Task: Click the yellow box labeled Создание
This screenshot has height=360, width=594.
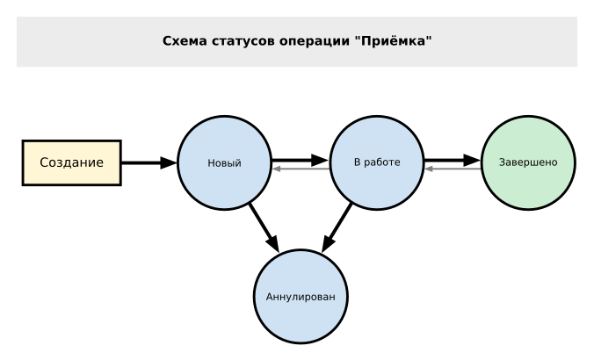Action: click(x=71, y=162)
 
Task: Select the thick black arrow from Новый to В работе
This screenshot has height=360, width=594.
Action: click(x=299, y=161)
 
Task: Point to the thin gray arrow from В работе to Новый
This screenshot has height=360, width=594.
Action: click(x=300, y=169)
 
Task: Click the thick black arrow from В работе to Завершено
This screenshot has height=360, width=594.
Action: click(x=452, y=161)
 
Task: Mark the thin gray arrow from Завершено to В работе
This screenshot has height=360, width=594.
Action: click(x=453, y=169)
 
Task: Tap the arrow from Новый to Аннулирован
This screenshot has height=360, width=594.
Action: click(x=263, y=227)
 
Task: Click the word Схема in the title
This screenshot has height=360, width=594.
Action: click(x=185, y=41)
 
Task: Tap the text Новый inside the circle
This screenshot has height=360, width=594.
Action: click(x=223, y=163)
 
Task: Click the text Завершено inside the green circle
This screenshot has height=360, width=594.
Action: click(x=527, y=163)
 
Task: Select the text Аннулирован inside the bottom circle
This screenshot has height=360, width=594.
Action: click(x=300, y=297)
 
